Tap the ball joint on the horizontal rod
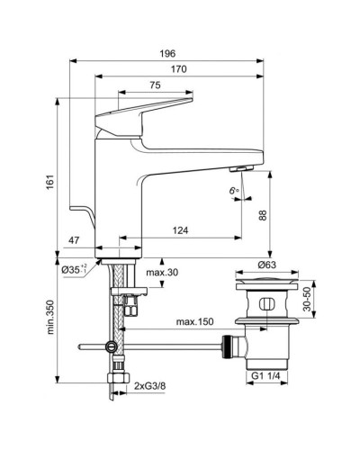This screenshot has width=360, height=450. tap(111, 346)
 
